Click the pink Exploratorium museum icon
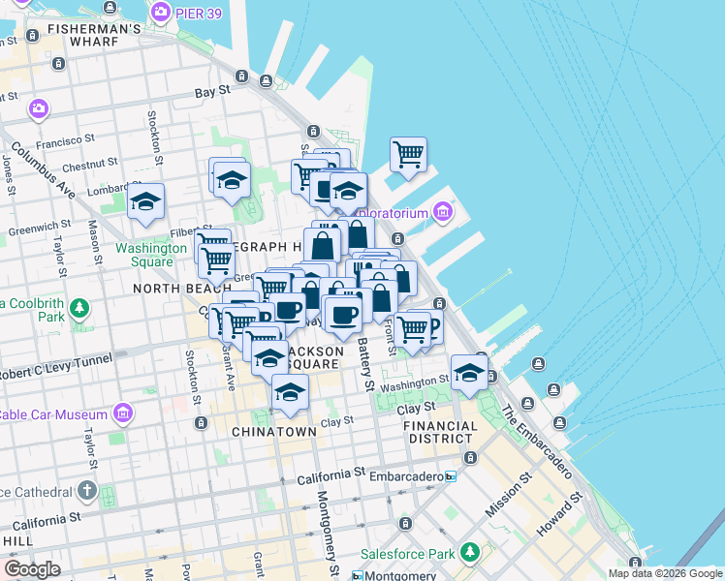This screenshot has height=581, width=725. (x=443, y=210)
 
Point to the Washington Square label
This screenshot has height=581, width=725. (x=150, y=254)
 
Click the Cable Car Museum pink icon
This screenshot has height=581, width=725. (x=122, y=414)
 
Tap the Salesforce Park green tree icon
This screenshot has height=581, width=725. (x=470, y=552)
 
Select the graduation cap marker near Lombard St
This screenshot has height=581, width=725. (x=145, y=201)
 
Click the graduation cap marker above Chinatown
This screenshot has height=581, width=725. (x=289, y=391)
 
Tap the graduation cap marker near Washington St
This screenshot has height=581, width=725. (x=469, y=374)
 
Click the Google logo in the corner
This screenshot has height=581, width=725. (x=33, y=569)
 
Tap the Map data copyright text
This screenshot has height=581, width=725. (x=665, y=573)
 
